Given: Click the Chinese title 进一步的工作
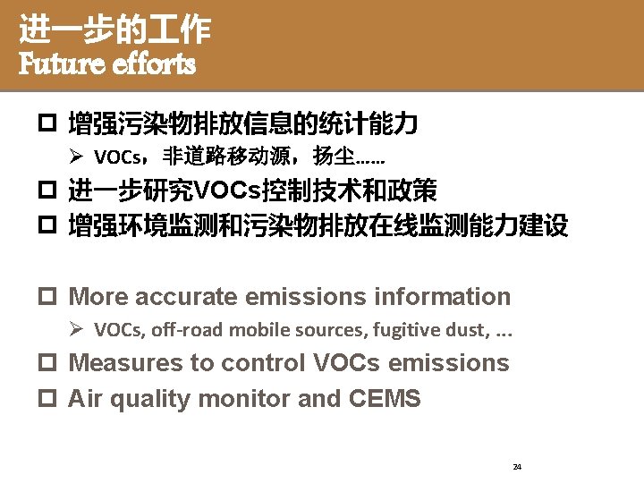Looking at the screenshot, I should click(114, 31).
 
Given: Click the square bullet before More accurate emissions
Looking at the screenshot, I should click(55, 298).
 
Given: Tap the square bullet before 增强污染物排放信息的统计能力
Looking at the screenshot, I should click(55, 124).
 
